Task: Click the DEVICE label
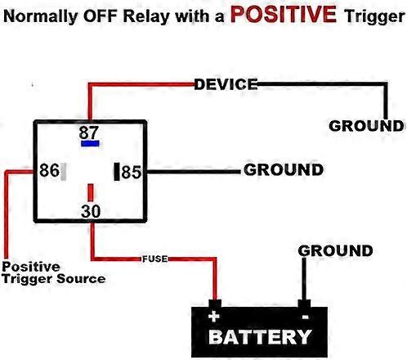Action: [226, 83]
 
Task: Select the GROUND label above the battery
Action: [335, 250]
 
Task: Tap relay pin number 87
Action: [90, 131]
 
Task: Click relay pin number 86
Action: [49, 171]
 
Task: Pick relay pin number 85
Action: [132, 172]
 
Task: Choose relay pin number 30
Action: [90, 211]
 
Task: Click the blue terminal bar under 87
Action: [90, 142]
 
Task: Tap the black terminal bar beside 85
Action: [117, 171]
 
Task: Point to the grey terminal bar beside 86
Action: [65, 171]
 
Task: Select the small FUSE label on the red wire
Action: [154, 259]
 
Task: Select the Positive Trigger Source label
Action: [54, 272]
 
